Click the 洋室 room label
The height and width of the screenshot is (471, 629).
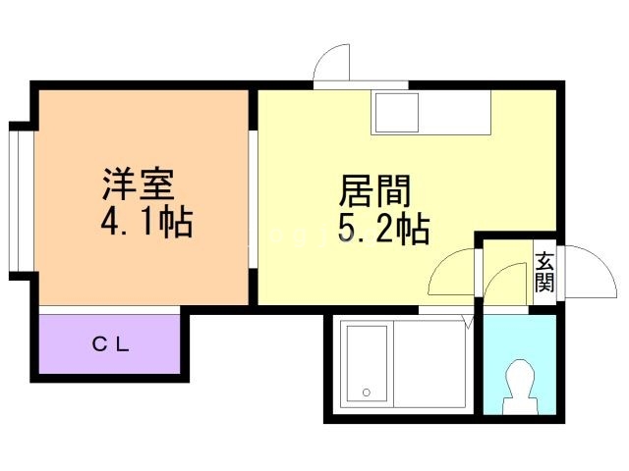(139, 184)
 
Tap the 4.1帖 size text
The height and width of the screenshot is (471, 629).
(147, 222)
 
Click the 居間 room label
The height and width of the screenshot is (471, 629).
(375, 190)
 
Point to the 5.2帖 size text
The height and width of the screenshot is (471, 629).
(384, 229)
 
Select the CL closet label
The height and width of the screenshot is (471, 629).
(111, 344)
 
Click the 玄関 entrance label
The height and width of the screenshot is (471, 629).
(544, 272)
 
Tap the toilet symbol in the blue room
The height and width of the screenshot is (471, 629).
(520, 387)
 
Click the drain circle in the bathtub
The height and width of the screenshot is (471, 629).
(367, 392)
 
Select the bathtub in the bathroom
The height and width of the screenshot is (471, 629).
(367, 363)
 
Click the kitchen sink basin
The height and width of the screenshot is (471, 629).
(397, 113)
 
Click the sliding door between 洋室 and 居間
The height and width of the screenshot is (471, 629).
(253, 199)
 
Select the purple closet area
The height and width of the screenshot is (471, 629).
(109, 344)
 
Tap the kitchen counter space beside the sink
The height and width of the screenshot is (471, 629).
(455, 112)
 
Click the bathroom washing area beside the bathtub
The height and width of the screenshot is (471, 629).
(430, 364)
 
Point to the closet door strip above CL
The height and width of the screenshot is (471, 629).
(109, 310)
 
